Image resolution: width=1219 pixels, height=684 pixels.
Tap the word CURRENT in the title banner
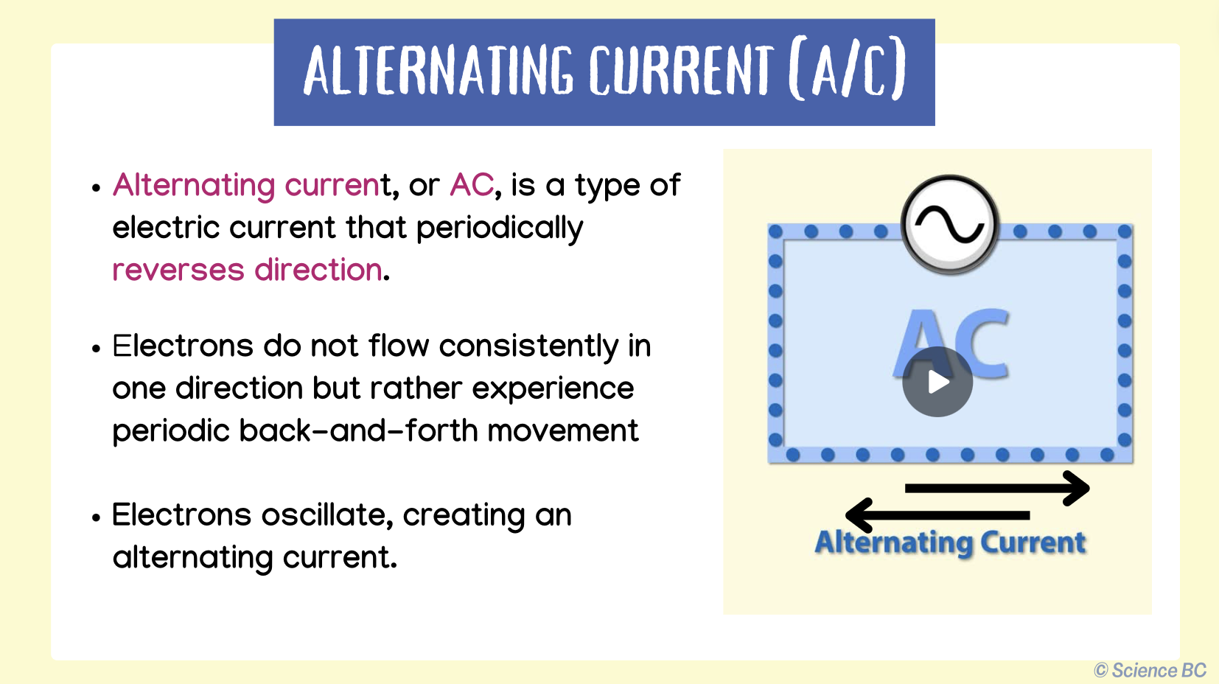click(x=681, y=71)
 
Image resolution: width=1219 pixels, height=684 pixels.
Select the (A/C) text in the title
click(x=847, y=71)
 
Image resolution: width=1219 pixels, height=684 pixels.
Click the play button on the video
click(x=937, y=382)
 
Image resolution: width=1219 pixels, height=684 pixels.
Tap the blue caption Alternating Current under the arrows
click(x=950, y=542)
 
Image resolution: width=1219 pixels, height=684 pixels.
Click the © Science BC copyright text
click(x=1150, y=670)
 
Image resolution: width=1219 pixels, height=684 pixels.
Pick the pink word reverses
click(x=178, y=270)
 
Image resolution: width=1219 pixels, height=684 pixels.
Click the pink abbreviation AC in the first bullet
click(x=472, y=185)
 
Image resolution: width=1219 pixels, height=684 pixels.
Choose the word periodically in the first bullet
click(x=500, y=228)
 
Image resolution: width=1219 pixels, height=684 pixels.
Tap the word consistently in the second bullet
click(x=528, y=346)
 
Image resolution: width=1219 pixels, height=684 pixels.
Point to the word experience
click(x=553, y=388)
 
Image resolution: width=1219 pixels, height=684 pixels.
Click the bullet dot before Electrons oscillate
click(x=96, y=517)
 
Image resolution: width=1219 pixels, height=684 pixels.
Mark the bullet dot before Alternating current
click(x=96, y=188)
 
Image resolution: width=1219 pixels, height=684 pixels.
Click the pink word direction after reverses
click(x=318, y=270)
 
